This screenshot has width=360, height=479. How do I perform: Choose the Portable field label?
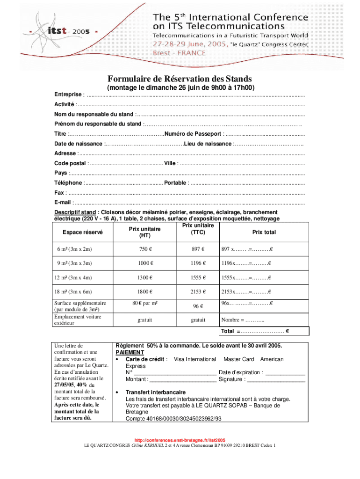tap(175, 183)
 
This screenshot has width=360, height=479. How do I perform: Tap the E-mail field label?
tap(63, 203)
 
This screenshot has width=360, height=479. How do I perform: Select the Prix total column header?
tap(264, 232)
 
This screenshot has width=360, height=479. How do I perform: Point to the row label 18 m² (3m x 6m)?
tap(75, 292)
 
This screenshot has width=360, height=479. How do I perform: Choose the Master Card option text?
tap(238, 359)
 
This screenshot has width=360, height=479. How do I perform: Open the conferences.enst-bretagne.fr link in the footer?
tap(180, 441)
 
